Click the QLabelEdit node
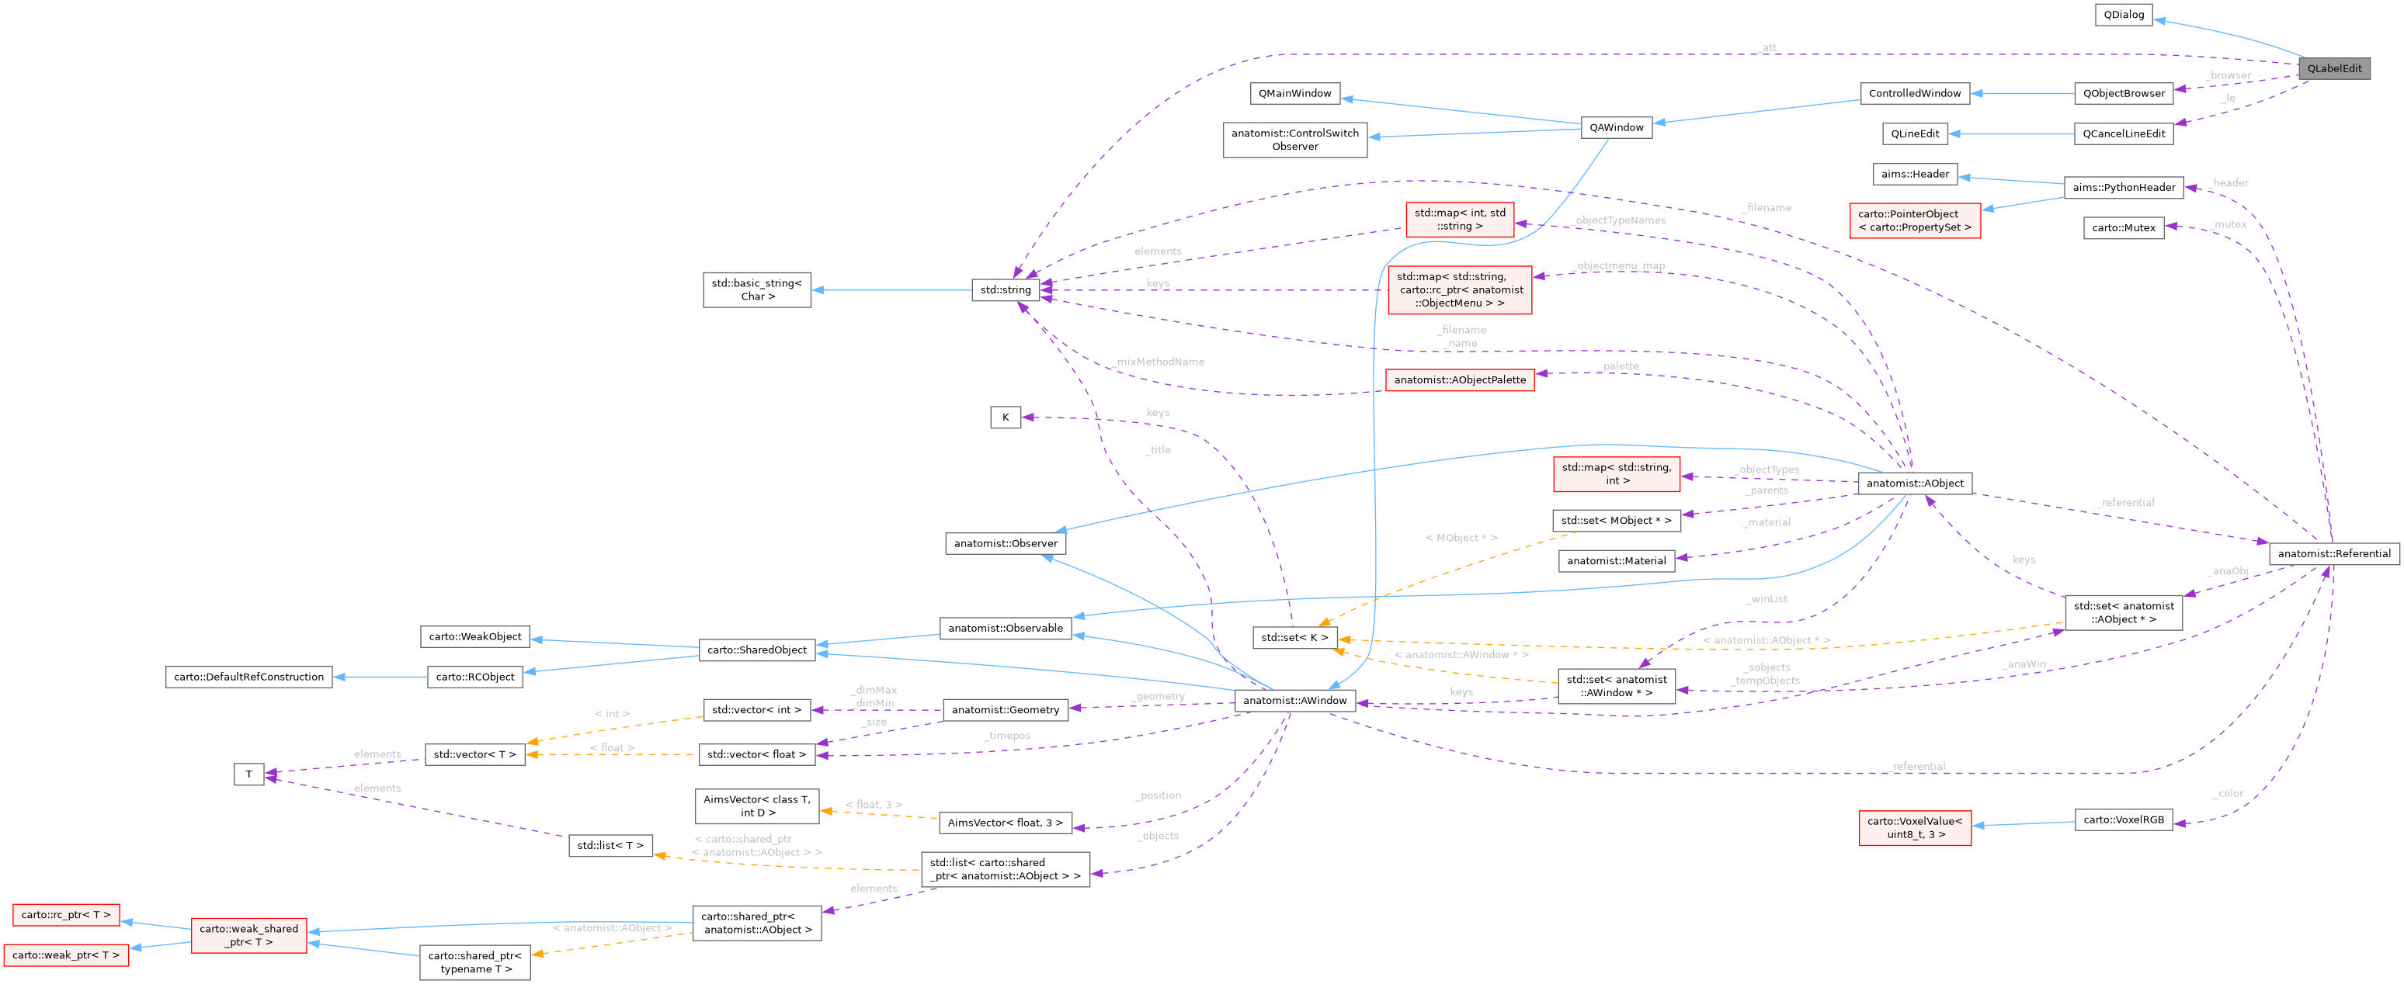pyautogui.click(x=2333, y=68)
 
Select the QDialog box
pyautogui.click(x=2123, y=15)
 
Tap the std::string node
pyautogui.click(x=1005, y=290)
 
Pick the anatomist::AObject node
pyautogui.click(x=1914, y=483)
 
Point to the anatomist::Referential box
pyautogui.click(x=2333, y=553)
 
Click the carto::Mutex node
pyautogui.click(x=2123, y=227)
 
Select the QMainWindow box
pyautogui.click(x=1294, y=93)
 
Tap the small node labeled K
pyautogui.click(x=1005, y=417)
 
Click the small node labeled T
pyautogui.click(x=248, y=774)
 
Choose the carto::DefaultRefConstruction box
pyautogui.click(x=248, y=677)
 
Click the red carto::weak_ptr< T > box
pyautogui.click(x=65, y=955)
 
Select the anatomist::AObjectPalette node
pyautogui.click(x=1460, y=379)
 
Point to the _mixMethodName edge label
pyautogui.click(x=1159, y=362)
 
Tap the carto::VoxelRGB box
pyautogui.click(x=2122, y=819)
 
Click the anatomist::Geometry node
pyautogui.click(x=1005, y=710)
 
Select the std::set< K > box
pyautogui.click(x=1294, y=638)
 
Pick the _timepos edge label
pyautogui.click(x=1007, y=736)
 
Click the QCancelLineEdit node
pyautogui.click(x=2123, y=133)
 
